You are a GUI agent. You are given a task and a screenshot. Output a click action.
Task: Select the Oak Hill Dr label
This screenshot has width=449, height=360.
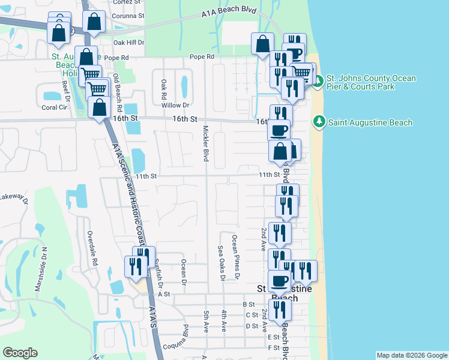coord(129,43)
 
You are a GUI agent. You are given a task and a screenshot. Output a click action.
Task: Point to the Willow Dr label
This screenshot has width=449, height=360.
coord(175,105)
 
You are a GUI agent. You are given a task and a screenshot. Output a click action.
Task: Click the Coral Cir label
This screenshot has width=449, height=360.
coord(53,108)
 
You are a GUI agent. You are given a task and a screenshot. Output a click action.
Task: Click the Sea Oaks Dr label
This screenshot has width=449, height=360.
coord(221,263)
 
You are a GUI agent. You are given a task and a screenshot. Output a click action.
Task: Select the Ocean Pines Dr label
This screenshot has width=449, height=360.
coord(236,257)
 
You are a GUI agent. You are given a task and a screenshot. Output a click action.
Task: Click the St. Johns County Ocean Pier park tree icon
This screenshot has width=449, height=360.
coord(318,79)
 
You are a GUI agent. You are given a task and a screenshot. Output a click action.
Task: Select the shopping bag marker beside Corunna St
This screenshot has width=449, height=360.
coord(95,22)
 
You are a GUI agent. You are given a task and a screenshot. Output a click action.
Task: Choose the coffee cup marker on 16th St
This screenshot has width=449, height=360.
coord(279,130)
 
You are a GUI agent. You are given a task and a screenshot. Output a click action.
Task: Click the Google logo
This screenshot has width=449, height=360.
coord(20,353)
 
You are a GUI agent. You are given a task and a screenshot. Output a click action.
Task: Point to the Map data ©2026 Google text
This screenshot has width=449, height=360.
coord(411,355)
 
